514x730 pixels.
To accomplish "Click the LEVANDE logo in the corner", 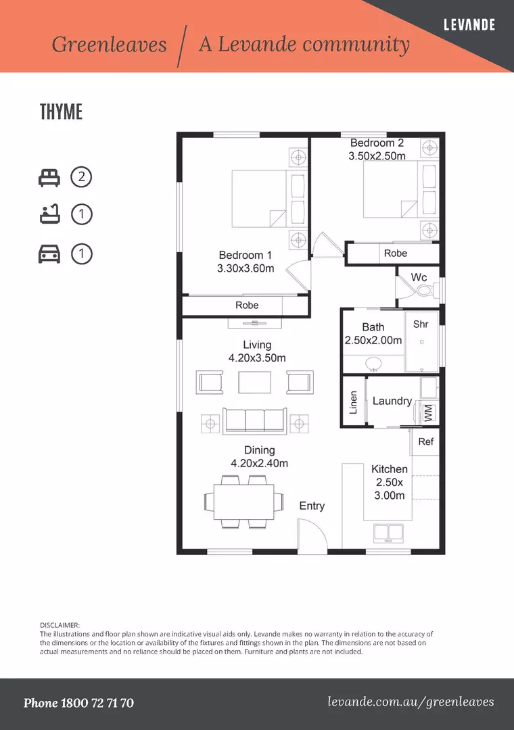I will coord(469,25).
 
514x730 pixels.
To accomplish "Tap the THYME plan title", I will coord(61,112).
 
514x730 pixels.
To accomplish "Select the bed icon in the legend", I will coord(49,178).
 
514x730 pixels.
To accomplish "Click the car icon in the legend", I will coord(49,254).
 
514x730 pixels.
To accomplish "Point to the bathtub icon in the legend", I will coord(49,216).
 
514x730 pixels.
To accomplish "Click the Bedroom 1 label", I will coord(245,255).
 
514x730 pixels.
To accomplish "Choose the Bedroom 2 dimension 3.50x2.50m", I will coord(377,156).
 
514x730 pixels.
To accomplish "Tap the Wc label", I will coord(419,278).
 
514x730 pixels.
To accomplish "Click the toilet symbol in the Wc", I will coord(427,291).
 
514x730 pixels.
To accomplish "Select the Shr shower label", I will coord(421,324).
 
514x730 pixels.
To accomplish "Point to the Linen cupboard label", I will coord(353,402).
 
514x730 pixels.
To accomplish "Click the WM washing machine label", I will coord(428,413).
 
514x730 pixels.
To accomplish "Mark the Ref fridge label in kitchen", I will coord(425,441).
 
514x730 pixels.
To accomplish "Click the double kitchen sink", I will coord(388,533).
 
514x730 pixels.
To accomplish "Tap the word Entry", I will coord(312,506).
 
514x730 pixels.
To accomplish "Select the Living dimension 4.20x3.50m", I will coord(257,358).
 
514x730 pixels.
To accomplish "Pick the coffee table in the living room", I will coord(254,383).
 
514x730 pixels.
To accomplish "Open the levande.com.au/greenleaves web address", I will coord(411,702).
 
